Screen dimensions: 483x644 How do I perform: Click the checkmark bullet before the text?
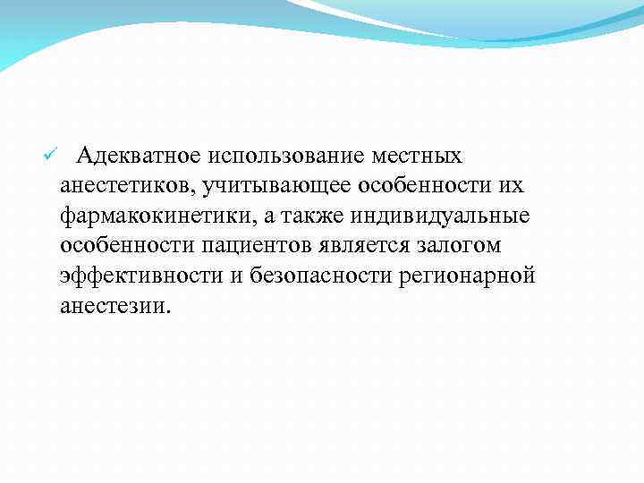[50, 157]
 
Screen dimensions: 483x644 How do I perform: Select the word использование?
[284, 157]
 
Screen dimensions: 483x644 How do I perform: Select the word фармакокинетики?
[145, 216]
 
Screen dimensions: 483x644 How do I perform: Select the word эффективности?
[142, 275]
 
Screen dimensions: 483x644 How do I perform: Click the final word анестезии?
[114, 305]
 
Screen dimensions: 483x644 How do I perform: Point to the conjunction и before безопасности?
[235, 275]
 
